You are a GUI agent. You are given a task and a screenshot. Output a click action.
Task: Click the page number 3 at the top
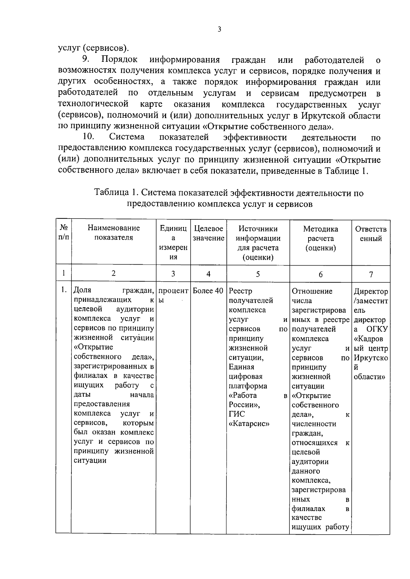pyautogui.click(x=219, y=30)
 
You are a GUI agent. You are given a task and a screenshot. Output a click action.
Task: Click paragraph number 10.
pyautogui.click(x=88, y=137)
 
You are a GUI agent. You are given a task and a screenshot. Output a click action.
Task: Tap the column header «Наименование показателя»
pyautogui.click(x=113, y=233)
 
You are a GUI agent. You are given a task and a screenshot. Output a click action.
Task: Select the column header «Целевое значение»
pyautogui.click(x=208, y=234)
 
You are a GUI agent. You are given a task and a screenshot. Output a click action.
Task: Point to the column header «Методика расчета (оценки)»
pyautogui.click(x=320, y=238)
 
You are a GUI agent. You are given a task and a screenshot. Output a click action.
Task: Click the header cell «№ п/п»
pyautogui.click(x=64, y=233)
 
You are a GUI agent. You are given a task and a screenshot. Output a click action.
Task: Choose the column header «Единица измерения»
pyautogui.click(x=173, y=243)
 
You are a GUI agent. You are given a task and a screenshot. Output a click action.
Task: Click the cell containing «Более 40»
pyautogui.click(x=208, y=291)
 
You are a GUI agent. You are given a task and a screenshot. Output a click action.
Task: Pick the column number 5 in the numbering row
pyautogui.click(x=258, y=274)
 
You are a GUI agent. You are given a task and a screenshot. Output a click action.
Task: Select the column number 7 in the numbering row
pyautogui.click(x=371, y=274)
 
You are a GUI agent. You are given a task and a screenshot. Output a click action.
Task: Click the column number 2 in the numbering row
pyautogui.click(x=113, y=273)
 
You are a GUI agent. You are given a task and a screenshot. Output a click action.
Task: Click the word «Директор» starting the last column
pyautogui.click(x=371, y=292)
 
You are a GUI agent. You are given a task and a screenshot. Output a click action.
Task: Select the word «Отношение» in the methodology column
pyautogui.click(x=312, y=291)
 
